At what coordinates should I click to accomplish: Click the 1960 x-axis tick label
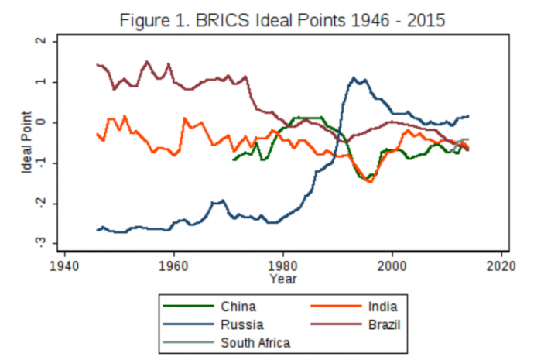pyautogui.click(x=173, y=262)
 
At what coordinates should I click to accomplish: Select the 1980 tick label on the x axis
pyautogui.click(x=282, y=262)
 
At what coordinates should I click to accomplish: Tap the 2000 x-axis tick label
pyautogui.click(x=392, y=262)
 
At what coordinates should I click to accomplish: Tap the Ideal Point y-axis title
pyautogui.click(x=26, y=142)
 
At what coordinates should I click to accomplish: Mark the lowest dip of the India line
pyautogui.click(x=370, y=183)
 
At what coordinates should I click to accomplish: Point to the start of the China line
pyautogui.click(x=234, y=159)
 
